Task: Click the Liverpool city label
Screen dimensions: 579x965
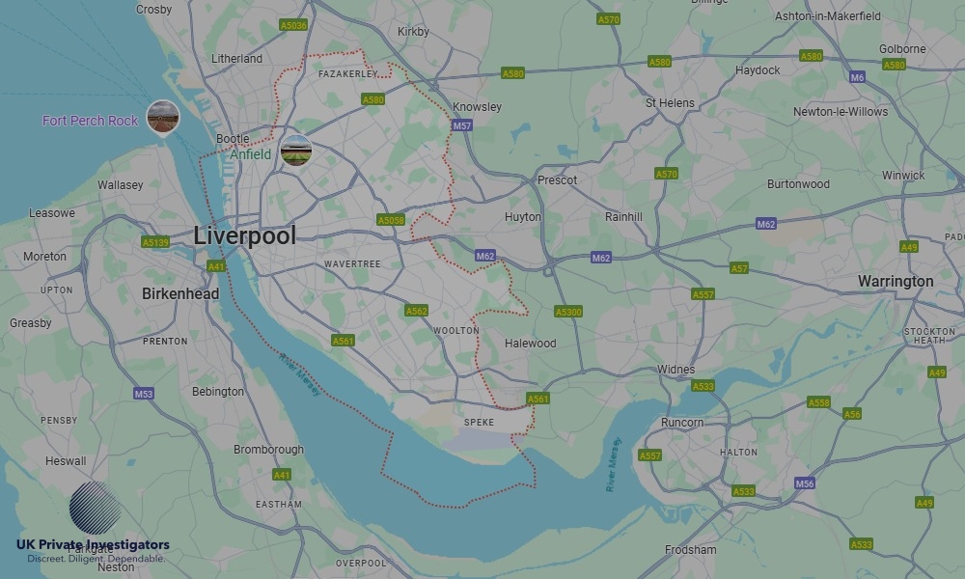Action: coord(244,235)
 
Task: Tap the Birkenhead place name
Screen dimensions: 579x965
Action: coord(180,293)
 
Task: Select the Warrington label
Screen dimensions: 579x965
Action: coord(896,282)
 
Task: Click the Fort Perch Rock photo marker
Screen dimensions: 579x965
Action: coord(163,118)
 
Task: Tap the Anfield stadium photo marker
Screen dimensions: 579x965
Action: coord(296,152)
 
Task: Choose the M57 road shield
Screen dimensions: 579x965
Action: coord(462,125)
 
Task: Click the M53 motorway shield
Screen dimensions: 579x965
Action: coord(144,394)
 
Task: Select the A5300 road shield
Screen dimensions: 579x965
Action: coord(568,312)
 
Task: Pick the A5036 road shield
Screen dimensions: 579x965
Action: coord(293,25)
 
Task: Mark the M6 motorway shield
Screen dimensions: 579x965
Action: coord(857,76)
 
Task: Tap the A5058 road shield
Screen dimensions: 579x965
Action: coord(391,220)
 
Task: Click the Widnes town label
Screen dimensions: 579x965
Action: coord(675,370)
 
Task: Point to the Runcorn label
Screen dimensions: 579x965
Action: coord(682,423)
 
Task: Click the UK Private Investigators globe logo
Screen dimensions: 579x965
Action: coord(96,508)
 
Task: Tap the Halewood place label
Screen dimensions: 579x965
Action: coord(531,344)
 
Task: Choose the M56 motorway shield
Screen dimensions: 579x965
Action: coord(804,482)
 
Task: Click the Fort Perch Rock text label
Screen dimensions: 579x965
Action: coord(91,121)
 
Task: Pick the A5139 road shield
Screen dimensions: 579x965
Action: coord(154,242)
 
